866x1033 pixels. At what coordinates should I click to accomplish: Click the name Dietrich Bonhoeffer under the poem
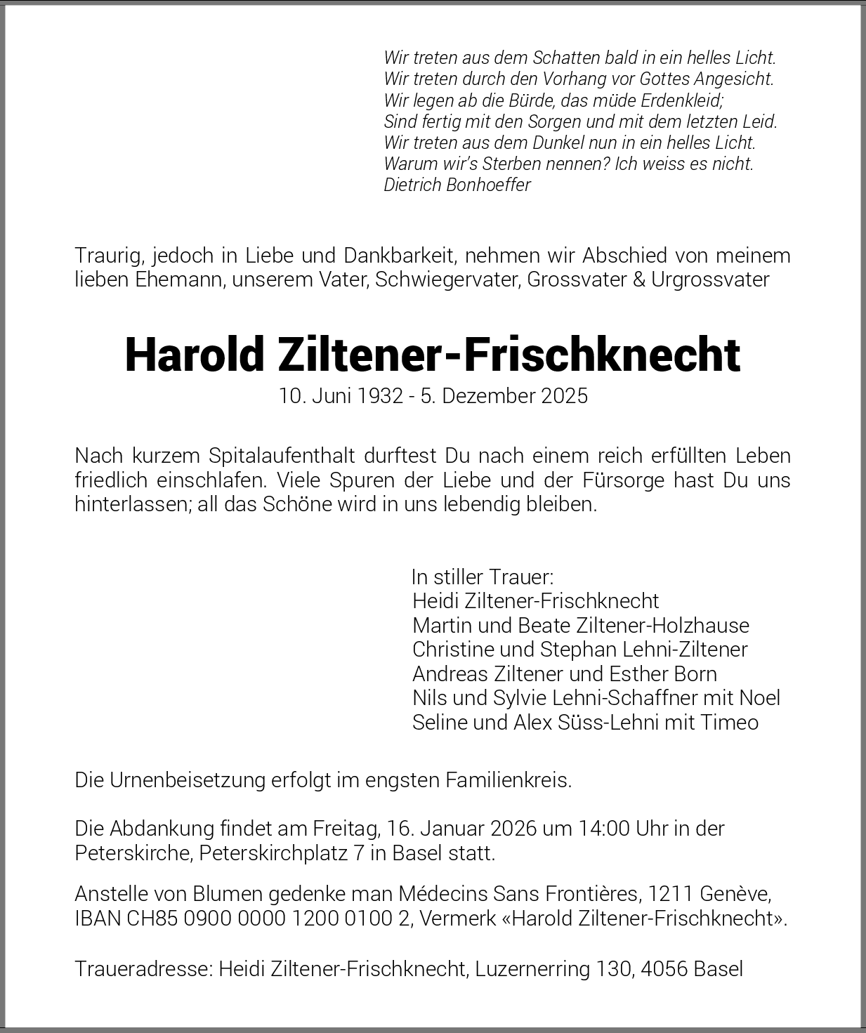point(457,185)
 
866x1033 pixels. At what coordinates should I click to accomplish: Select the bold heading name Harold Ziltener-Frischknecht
point(432,355)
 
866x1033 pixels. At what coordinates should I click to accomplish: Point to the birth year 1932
point(379,396)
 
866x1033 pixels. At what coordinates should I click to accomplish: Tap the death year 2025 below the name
point(564,396)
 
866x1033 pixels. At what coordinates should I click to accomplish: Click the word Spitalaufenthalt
point(282,456)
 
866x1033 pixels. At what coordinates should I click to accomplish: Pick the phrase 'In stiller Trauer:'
point(483,577)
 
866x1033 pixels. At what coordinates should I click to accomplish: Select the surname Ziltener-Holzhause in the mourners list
point(662,625)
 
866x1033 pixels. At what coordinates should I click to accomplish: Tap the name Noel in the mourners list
point(759,698)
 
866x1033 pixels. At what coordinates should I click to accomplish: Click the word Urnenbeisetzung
point(188,780)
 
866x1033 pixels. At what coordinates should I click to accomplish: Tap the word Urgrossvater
point(710,279)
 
